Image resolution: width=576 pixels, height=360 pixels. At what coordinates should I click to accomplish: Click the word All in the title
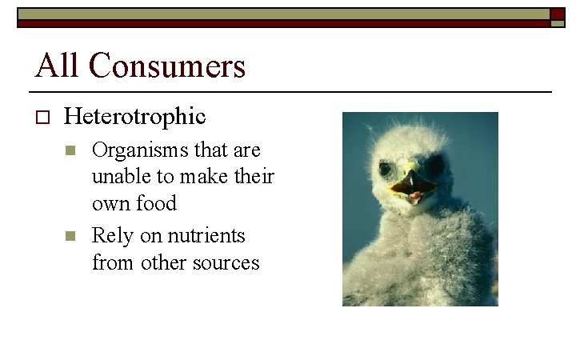coord(58,66)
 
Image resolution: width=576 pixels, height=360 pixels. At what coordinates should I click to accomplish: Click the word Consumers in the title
coord(167,66)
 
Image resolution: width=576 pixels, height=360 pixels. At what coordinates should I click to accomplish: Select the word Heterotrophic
coord(134,117)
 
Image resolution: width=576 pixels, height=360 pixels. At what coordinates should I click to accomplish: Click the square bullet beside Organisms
coord(70,150)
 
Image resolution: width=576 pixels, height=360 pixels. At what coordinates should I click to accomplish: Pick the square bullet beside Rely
coord(70,237)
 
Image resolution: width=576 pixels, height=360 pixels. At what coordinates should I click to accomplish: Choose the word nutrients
coord(206,236)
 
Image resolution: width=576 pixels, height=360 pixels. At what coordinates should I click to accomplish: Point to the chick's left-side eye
coord(386,169)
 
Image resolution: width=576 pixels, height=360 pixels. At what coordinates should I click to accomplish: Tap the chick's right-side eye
coord(437,167)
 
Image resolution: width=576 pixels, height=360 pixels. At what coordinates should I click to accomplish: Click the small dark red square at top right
coord(558,14)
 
